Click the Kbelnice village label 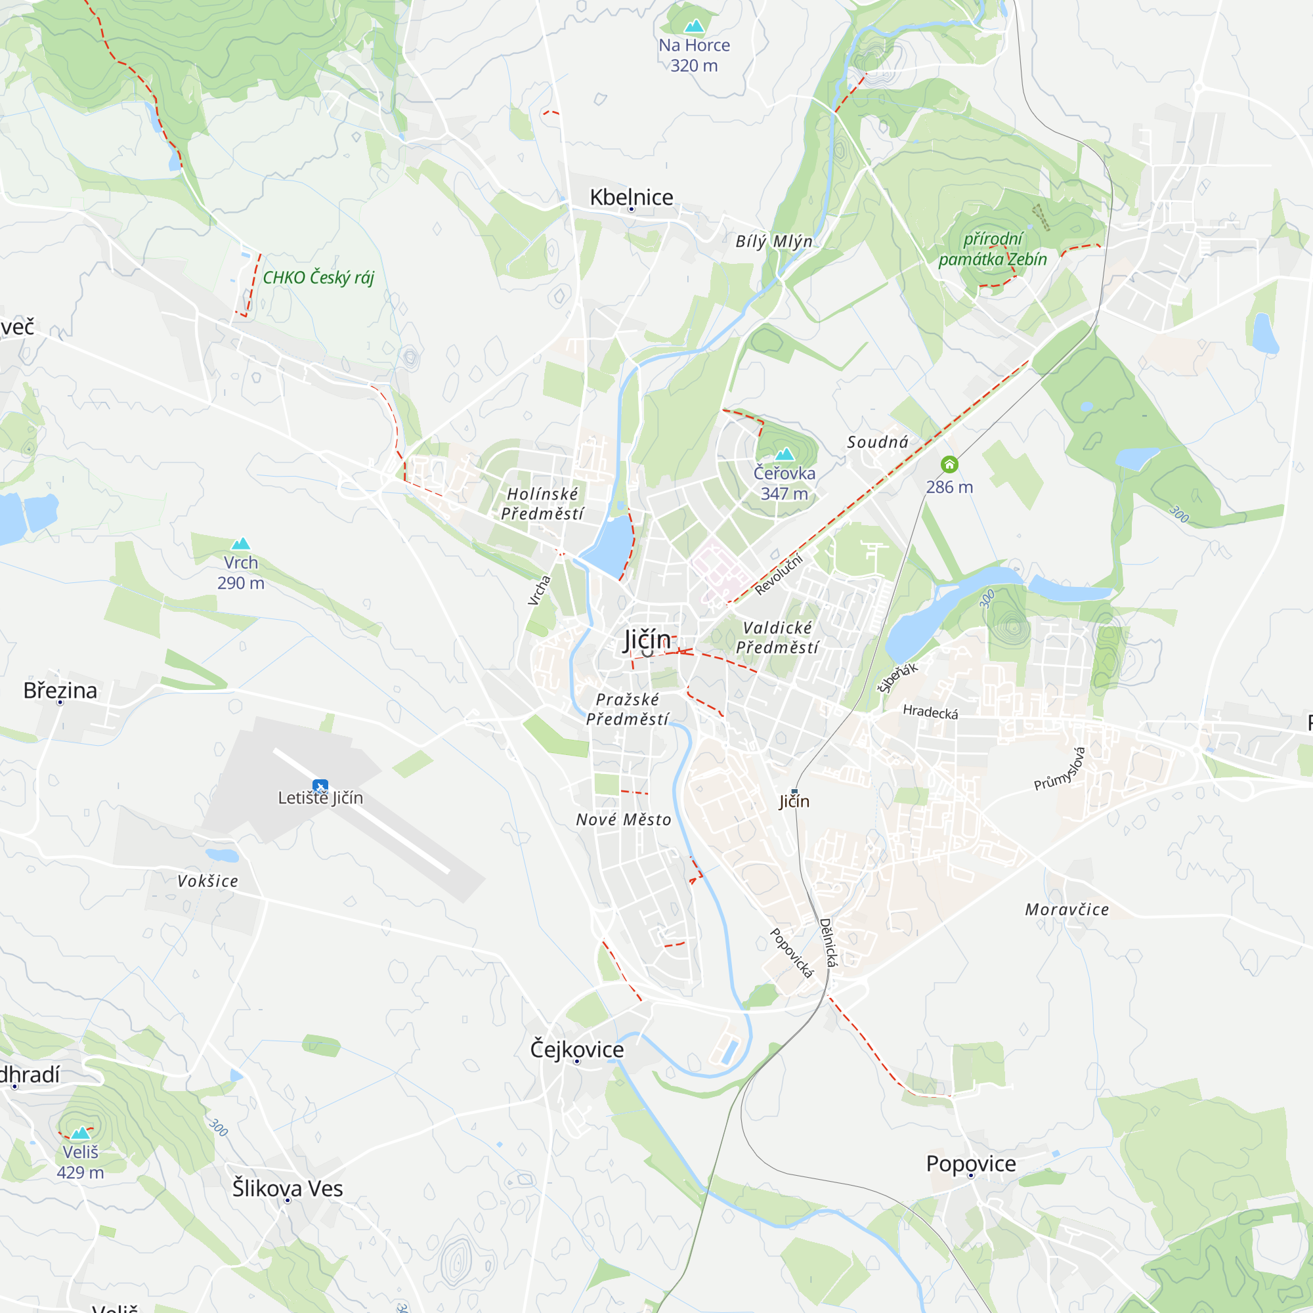[x=632, y=197]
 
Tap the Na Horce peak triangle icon [x=694, y=26]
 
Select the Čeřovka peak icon [x=785, y=454]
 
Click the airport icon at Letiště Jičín [x=320, y=786]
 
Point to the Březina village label [x=60, y=691]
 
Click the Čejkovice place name [x=577, y=1049]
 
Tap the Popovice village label [x=971, y=1163]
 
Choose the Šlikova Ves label [x=288, y=1189]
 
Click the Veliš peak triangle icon [x=81, y=1133]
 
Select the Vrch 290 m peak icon [x=240, y=544]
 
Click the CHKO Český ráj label [x=318, y=277]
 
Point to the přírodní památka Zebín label [x=992, y=249]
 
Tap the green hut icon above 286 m [x=949, y=464]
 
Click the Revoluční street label [x=779, y=575]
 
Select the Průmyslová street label [x=1060, y=769]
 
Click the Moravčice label [x=1067, y=910]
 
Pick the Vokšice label [x=208, y=882]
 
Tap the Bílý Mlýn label [x=774, y=241]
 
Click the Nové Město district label [x=624, y=820]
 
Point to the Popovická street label [x=791, y=953]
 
